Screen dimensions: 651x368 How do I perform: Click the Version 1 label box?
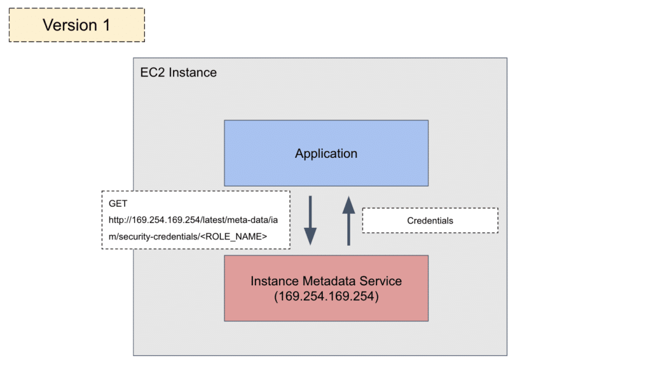click(x=77, y=25)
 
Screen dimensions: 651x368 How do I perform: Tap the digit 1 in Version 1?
click(x=106, y=25)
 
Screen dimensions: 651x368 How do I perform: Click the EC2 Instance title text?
click(x=179, y=73)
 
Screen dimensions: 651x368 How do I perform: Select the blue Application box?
click(x=326, y=153)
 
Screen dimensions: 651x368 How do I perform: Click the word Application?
click(x=326, y=153)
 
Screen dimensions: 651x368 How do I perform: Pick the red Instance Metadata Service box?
click(x=326, y=288)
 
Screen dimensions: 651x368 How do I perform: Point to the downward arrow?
click(x=310, y=220)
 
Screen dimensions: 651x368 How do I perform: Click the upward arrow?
click(x=349, y=220)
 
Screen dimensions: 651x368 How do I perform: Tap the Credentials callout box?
click(x=430, y=220)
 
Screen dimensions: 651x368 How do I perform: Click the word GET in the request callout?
click(x=118, y=203)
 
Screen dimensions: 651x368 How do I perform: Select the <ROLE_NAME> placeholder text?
click(x=234, y=237)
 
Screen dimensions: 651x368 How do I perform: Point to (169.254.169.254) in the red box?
click(x=326, y=297)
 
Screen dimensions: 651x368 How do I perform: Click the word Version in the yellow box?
click(x=70, y=25)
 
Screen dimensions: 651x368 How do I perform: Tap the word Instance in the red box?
click(x=275, y=281)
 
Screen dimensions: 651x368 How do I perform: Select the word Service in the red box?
click(x=381, y=281)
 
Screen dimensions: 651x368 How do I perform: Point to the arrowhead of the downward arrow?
click(x=310, y=237)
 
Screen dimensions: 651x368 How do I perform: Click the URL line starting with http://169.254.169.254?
click(x=193, y=220)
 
